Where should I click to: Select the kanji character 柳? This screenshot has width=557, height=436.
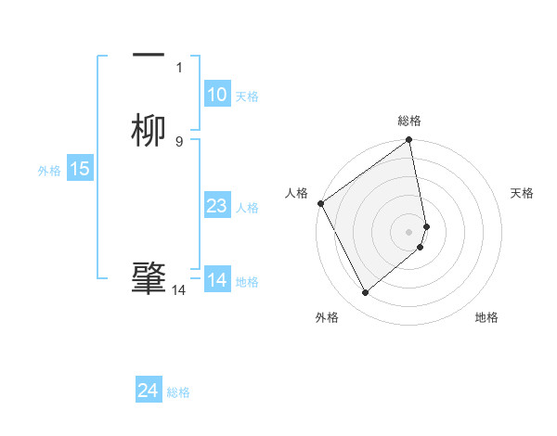[149, 129]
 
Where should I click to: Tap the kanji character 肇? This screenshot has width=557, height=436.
[149, 277]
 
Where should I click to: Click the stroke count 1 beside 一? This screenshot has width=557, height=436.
[179, 67]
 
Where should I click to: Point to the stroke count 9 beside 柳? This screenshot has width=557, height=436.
[179, 141]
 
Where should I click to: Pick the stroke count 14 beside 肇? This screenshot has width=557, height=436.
[179, 290]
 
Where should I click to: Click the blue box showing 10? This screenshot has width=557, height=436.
[217, 95]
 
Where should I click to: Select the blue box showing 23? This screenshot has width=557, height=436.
[217, 206]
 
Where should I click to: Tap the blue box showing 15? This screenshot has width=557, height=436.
[80, 169]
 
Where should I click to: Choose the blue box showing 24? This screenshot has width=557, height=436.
[149, 391]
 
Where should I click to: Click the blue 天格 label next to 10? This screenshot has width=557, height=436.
[247, 96]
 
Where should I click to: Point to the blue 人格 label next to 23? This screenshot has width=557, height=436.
[247, 208]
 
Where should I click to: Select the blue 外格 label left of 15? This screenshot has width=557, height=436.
[49, 171]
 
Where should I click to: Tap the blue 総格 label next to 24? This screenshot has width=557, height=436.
[178, 393]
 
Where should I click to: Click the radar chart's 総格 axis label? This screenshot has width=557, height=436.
[409, 122]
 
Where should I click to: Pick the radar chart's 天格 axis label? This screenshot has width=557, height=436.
[523, 193]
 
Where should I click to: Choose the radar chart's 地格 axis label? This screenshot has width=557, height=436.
[486, 318]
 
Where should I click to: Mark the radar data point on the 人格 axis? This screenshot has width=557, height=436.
[320, 203]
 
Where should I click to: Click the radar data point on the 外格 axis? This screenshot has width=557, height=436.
[366, 293]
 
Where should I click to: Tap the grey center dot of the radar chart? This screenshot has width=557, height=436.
[409, 231]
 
